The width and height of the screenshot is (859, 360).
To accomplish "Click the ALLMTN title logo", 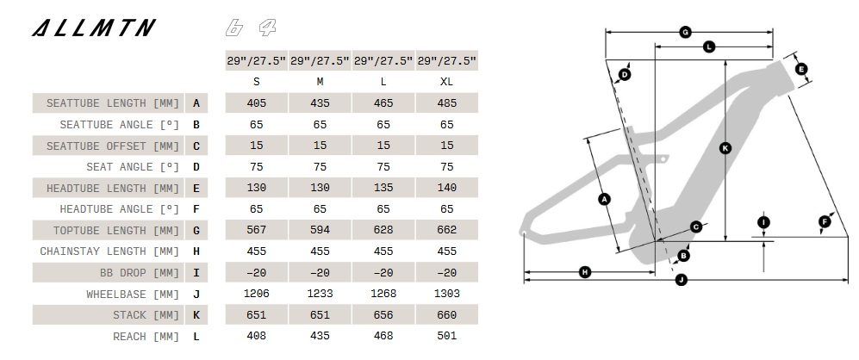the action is point(94,28).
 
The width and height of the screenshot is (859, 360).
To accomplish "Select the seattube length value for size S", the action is point(257,103).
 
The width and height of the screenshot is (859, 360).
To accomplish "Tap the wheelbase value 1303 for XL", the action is point(447,294).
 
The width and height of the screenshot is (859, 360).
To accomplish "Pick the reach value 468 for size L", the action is point(383,336).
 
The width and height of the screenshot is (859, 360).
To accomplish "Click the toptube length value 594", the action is point(320,230).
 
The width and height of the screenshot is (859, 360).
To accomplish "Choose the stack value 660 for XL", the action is point(447,315).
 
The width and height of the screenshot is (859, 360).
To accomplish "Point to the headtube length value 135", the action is point(383,188).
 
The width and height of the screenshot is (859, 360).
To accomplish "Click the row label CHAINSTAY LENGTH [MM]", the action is point(109,251).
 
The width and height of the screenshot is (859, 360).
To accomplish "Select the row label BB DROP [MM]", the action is point(140,273).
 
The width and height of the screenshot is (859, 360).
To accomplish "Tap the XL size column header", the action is point(447,82).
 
